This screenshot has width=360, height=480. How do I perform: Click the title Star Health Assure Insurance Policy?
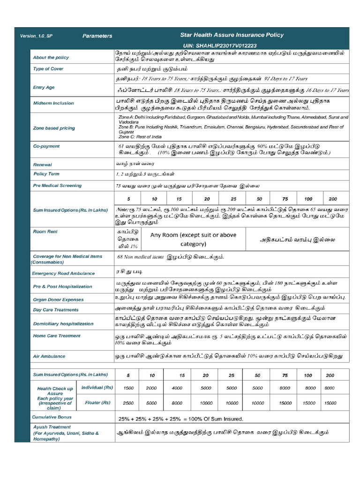click(232, 35)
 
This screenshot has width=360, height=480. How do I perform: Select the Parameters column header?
click(97, 36)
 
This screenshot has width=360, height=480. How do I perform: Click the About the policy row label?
click(51, 58)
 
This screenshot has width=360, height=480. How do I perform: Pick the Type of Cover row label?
click(48, 69)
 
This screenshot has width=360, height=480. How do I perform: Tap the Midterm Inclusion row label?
click(53, 103)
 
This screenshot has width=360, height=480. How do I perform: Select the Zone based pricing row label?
click(54, 127)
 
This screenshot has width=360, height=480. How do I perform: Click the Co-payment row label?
click(46, 147)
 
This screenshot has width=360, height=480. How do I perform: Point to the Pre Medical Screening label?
click(57, 186)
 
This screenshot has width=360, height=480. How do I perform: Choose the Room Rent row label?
click(45, 232)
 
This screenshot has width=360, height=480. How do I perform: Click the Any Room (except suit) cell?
click(193, 239)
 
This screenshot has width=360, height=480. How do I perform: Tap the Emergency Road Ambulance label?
click(63, 273)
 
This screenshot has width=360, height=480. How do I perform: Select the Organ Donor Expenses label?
click(59, 299)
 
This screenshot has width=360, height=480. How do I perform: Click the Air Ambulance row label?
click(49, 356)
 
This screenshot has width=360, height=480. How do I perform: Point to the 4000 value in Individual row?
click(177, 388)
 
